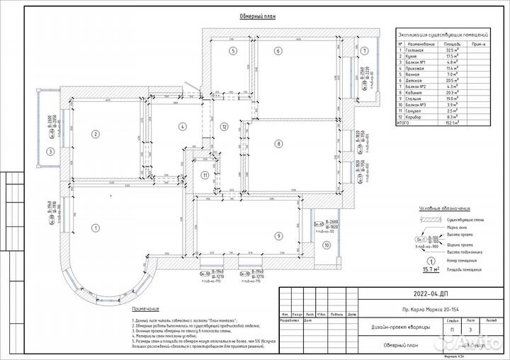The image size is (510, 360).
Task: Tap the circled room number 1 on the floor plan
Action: click(94, 227)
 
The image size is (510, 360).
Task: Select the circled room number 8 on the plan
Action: click(279, 144)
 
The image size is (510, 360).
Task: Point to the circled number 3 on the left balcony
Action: click(50, 150)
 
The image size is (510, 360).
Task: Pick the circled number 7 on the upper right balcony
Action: click(365, 51)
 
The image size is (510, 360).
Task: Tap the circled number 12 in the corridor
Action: click(223, 127)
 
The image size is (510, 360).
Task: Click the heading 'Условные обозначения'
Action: click(444, 208)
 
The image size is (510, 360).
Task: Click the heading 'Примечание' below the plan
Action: click(144, 310)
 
